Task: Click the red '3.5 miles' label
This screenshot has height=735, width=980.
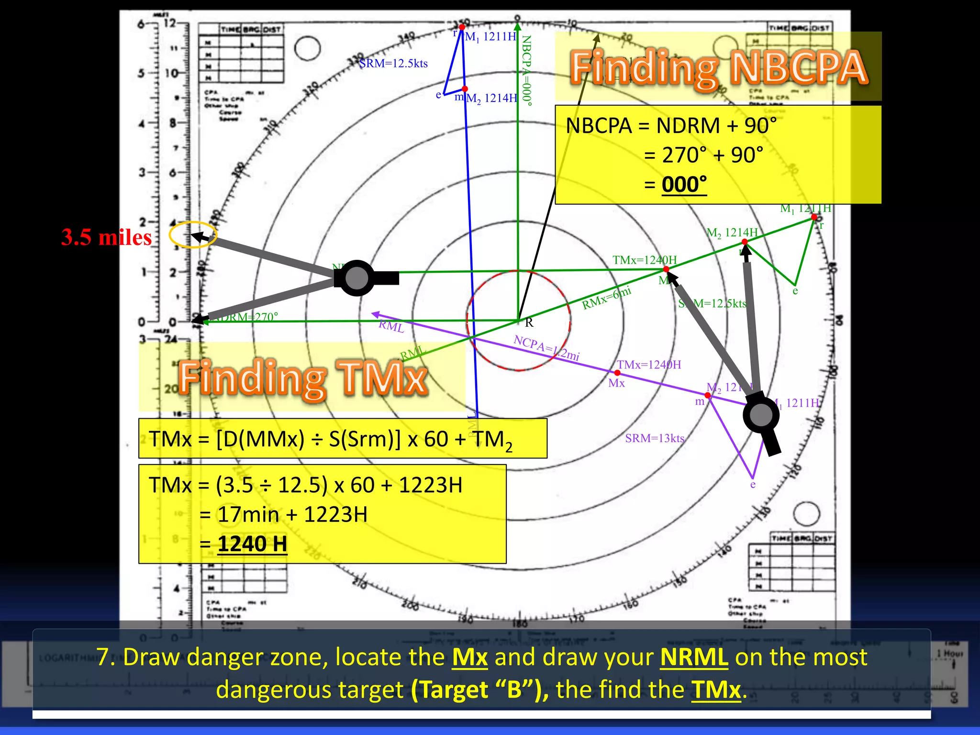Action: (106, 237)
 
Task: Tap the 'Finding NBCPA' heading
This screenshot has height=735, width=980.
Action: (718, 68)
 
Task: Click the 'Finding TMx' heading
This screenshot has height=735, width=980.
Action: (303, 379)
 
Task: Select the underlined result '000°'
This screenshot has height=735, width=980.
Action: (684, 184)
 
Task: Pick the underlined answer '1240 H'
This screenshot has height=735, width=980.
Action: (252, 544)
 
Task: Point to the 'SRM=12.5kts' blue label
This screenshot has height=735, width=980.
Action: (393, 64)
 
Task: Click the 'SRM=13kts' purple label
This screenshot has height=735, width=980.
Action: (655, 438)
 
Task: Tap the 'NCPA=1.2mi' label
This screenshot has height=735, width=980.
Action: (546, 348)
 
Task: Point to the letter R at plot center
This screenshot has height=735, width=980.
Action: (529, 323)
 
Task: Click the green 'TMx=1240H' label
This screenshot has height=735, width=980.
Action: (645, 260)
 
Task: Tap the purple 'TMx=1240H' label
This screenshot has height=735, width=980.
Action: (649, 365)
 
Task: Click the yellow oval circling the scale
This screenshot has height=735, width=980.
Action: (193, 235)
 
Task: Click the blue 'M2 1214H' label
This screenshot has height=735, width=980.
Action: (491, 99)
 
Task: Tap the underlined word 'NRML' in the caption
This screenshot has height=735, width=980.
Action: (694, 657)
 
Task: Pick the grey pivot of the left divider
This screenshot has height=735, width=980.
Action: (356, 278)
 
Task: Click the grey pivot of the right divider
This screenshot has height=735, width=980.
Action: (761, 415)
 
